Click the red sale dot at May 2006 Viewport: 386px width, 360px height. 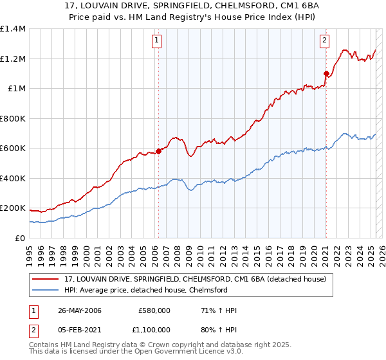(158, 152)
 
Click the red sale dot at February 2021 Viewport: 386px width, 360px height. (326, 73)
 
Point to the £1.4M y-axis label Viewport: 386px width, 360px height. (13, 29)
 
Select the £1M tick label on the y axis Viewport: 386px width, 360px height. (17, 89)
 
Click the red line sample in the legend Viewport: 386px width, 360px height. (46, 279)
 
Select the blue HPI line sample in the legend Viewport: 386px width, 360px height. (46, 289)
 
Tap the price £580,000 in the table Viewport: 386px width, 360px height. (154, 310)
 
